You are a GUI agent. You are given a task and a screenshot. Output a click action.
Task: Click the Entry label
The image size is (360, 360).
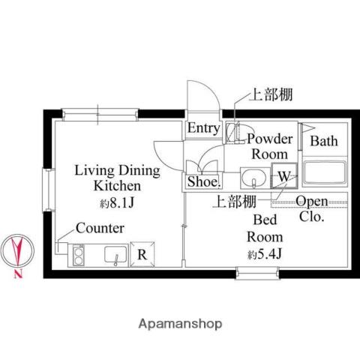pyautogui.click(x=203, y=128)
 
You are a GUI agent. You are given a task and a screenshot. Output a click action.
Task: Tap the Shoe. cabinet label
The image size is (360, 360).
pyautogui.click(x=202, y=181)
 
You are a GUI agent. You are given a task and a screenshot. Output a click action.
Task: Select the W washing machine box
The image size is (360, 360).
pyautogui.click(x=284, y=176)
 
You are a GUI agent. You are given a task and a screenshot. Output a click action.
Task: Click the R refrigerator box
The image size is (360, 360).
pyautogui.click(x=142, y=253)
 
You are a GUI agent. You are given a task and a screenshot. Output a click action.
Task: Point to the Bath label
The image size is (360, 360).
pyautogui.click(x=324, y=141)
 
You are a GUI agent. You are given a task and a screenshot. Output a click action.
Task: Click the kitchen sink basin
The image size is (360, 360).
pyautogui.click(x=115, y=255)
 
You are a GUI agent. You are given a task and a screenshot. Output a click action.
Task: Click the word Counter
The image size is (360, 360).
pyautogui.click(x=100, y=227)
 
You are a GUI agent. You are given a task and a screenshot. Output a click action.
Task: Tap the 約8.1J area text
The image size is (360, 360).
pyautogui.click(x=115, y=202)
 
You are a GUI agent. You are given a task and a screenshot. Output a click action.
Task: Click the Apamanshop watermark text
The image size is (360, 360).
pyautogui.click(x=179, y=324)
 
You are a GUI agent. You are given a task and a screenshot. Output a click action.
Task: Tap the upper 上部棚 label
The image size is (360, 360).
pyautogui.click(x=270, y=94)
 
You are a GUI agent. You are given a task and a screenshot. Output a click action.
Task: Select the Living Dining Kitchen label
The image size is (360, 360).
pyautogui.click(x=116, y=178)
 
